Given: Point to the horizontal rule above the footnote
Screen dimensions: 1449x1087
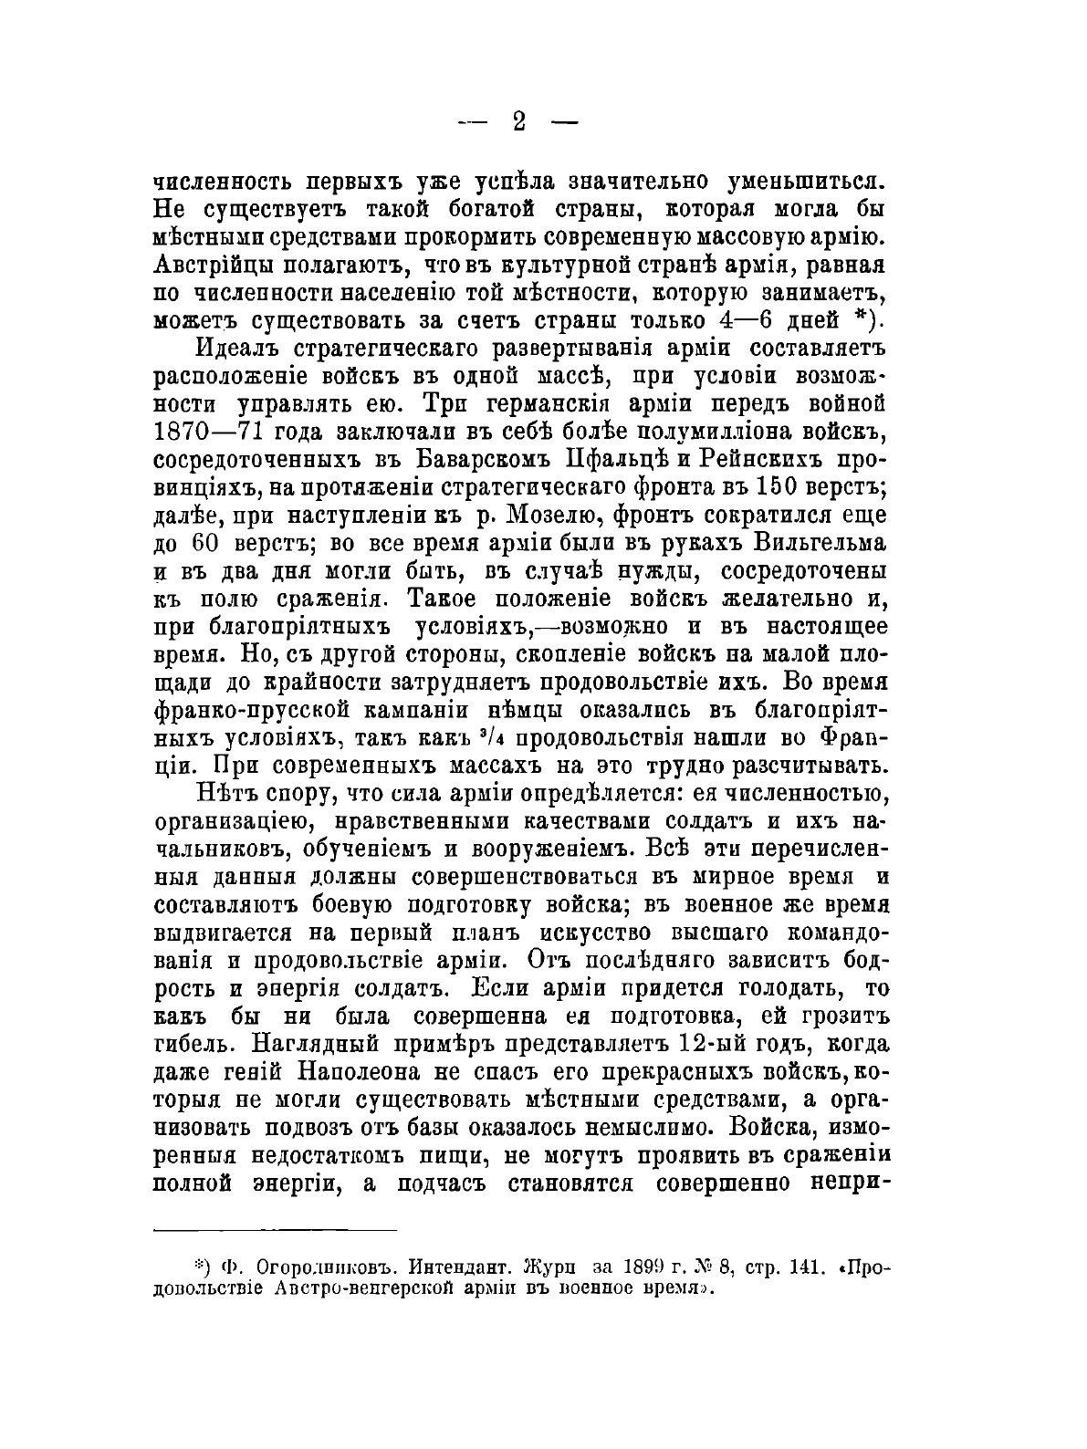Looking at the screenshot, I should pos(275,1229).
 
